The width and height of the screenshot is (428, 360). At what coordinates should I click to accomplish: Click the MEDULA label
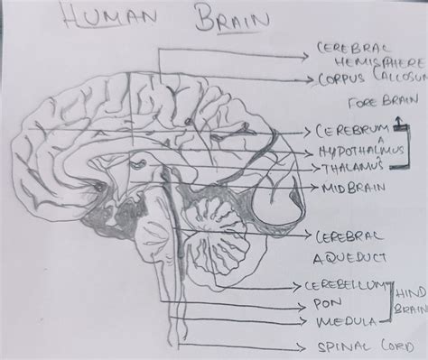click(342, 320)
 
